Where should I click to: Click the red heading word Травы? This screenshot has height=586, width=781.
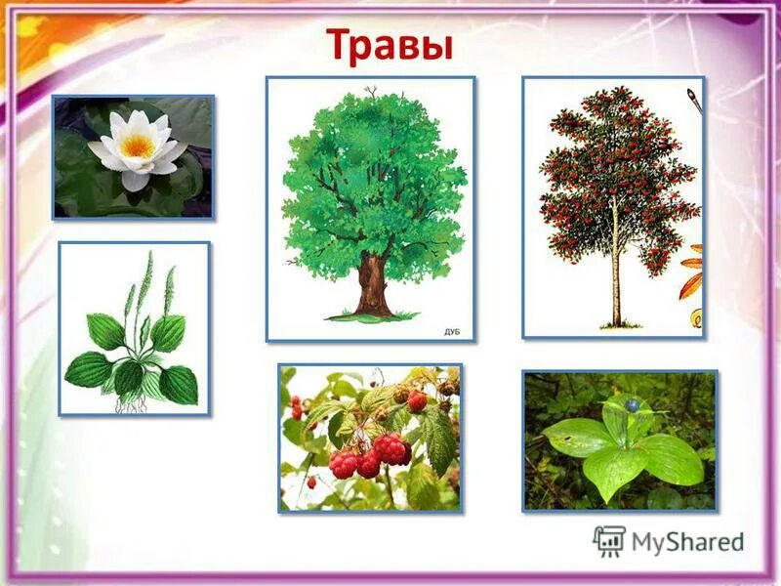390,45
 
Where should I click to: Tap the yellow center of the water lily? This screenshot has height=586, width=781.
138,146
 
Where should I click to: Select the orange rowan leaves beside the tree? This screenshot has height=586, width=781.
692,273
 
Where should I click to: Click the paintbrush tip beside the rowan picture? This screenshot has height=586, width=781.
692,97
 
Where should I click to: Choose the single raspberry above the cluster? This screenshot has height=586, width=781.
417,401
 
